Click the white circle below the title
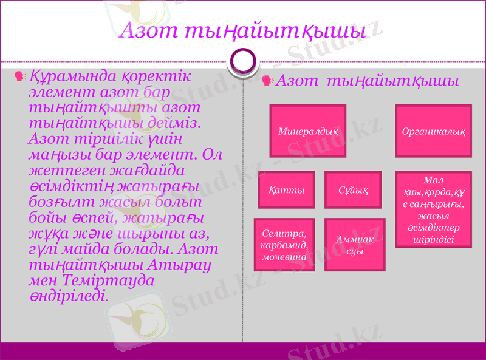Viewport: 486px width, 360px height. point(243,61)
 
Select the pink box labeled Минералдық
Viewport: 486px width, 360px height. point(308,131)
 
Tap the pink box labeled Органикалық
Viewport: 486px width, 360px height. point(434,131)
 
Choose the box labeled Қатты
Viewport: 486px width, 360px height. point(286,190)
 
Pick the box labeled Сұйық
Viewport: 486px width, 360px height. point(353,190)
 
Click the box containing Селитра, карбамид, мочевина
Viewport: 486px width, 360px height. point(284,245)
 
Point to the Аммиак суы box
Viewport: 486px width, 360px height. point(355,245)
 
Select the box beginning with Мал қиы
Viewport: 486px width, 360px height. point(434,209)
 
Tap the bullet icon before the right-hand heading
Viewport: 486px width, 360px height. point(267,81)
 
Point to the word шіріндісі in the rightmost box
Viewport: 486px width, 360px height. point(434,239)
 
